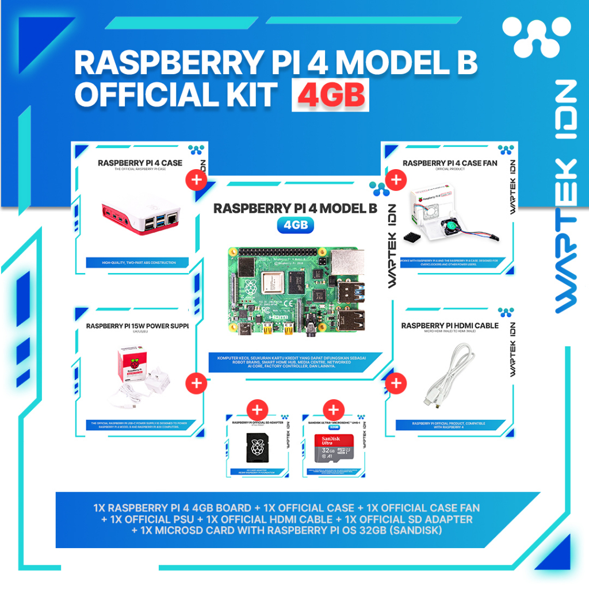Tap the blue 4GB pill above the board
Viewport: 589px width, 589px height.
tap(296, 225)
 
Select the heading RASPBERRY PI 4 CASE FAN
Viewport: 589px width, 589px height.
tap(450, 163)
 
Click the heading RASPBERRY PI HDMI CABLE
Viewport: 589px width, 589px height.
tap(450, 326)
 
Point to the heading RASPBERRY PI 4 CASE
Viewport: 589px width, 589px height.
tap(140, 163)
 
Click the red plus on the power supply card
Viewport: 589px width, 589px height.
tap(197, 383)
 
